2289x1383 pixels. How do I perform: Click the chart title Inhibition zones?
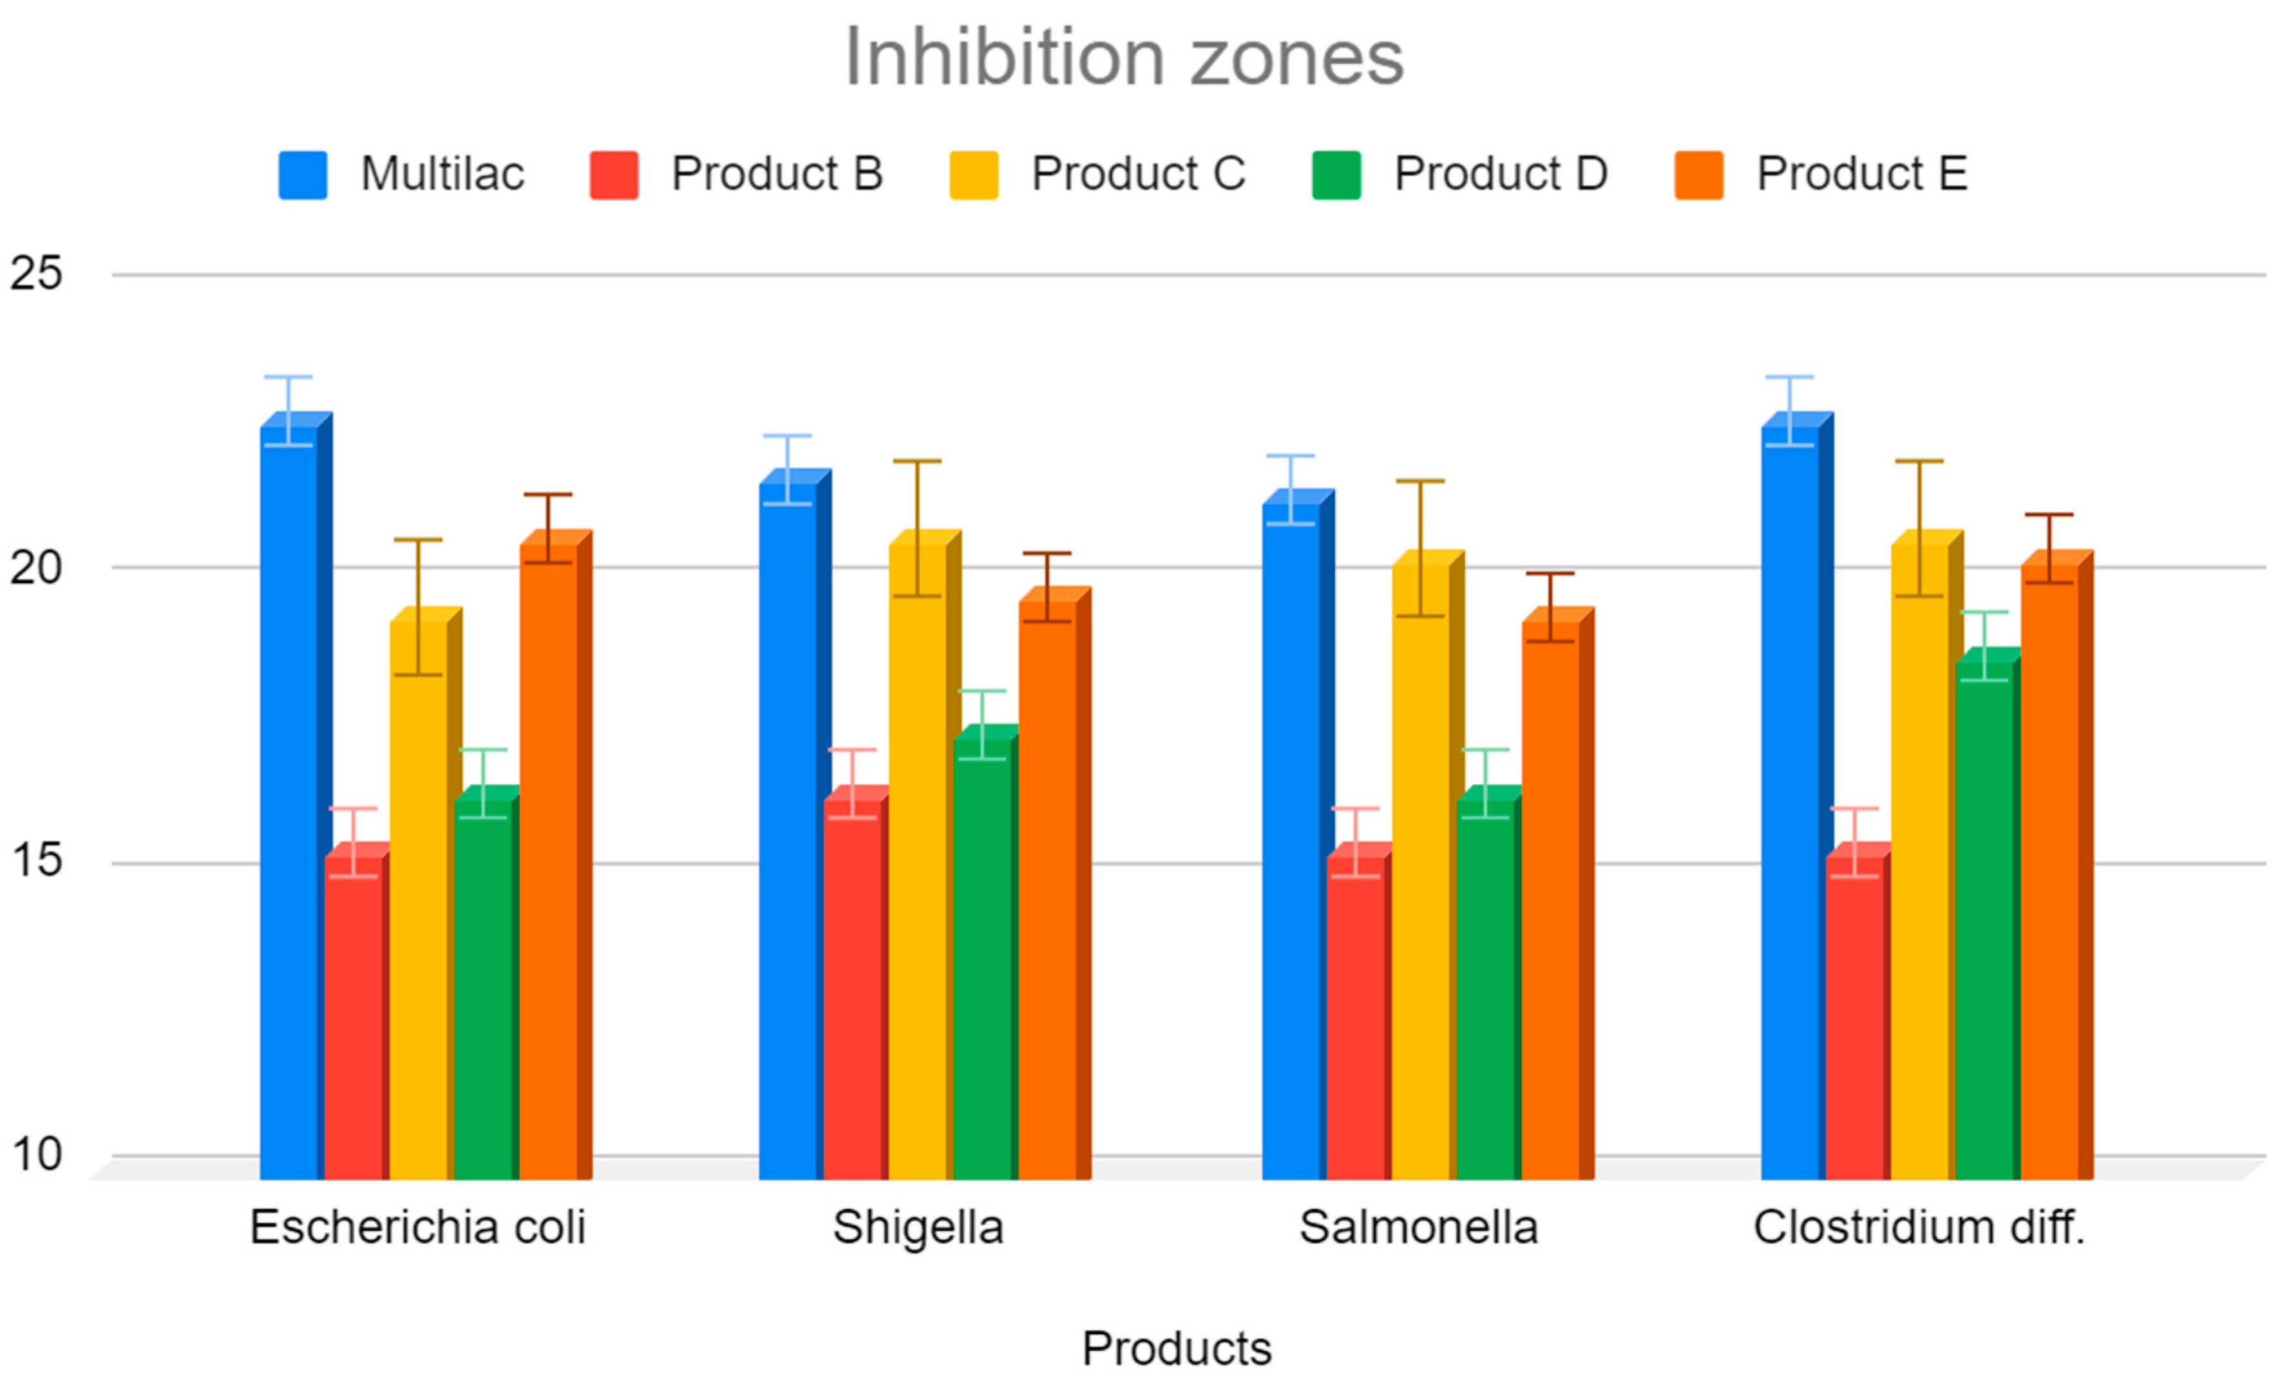point(1123,57)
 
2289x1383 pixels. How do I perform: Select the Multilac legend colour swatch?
point(303,174)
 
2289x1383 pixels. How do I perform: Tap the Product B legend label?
point(777,174)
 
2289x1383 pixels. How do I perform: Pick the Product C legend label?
point(1138,174)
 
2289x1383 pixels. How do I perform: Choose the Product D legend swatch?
point(1336,174)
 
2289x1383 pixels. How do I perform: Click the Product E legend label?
point(1862,174)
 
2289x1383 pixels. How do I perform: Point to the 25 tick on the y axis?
point(35,274)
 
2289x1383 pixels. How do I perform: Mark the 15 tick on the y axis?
point(35,861)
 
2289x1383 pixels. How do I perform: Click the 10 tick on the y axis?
point(35,1154)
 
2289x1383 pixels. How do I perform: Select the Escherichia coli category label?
point(417,1228)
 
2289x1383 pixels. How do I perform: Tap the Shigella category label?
point(918,1228)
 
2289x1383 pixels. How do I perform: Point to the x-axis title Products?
point(1176,1349)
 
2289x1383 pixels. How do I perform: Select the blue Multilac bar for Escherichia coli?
point(289,799)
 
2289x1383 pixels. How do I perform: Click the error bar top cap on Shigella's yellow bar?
point(917,462)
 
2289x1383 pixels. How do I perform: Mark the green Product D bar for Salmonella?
point(1485,989)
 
